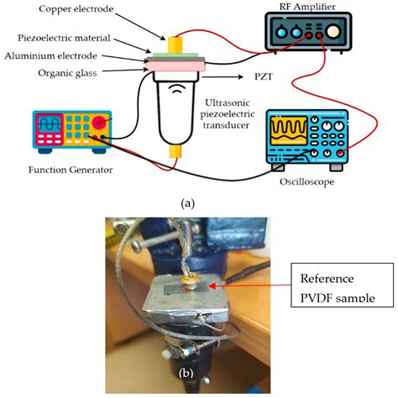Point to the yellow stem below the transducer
point(177,151)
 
